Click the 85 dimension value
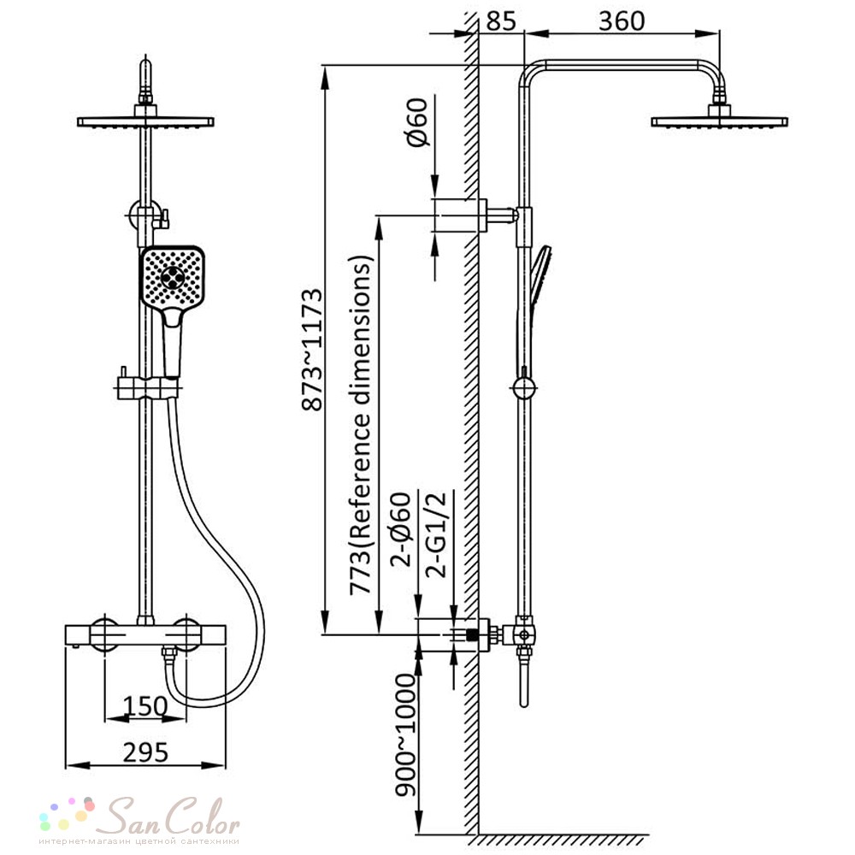click(x=500, y=21)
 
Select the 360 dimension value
click(x=622, y=21)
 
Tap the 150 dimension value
click(x=145, y=706)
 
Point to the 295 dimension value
click(x=145, y=753)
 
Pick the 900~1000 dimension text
click(x=405, y=735)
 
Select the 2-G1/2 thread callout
click(x=436, y=534)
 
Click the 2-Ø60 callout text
click(x=401, y=529)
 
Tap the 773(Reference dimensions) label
click(x=362, y=425)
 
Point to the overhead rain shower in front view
click(x=145, y=121)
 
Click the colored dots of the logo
click(x=67, y=813)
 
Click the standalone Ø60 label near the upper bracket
click(x=417, y=121)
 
